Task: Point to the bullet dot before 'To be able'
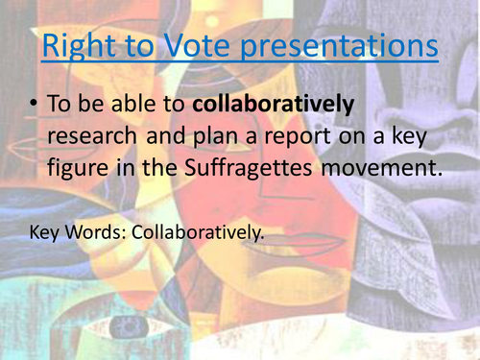point(34,105)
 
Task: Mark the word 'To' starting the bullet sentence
point(60,105)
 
